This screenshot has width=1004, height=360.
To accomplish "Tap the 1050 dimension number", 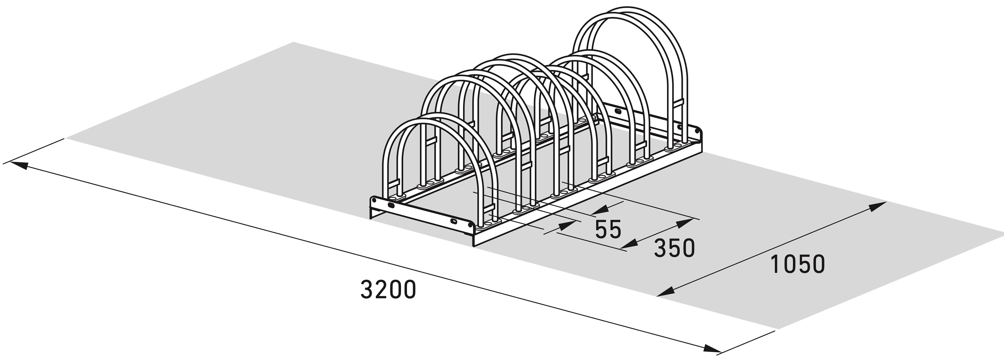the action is click(797, 264).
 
